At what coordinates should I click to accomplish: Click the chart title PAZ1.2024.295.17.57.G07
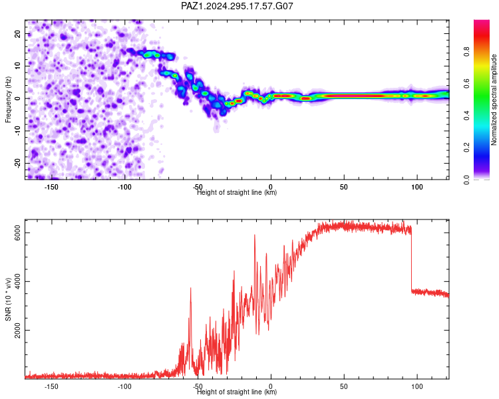pyautogui.click(x=237, y=6)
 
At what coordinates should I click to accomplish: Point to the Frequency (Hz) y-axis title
pyautogui.click(x=8, y=100)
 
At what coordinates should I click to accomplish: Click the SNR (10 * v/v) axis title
pyautogui.click(x=8, y=299)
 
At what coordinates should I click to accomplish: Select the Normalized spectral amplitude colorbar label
pyautogui.click(x=494, y=100)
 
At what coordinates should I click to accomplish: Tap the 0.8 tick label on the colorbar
pyautogui.click(x=466, y=51)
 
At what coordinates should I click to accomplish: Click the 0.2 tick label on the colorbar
pyautogui.click(x=466, y=148)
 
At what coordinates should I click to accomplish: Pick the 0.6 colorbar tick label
pyautogui.click(x=466, y=83)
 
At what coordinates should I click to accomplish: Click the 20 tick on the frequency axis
pyautogui.click(x=18, y=34)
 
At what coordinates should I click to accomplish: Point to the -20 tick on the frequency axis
pyautogui.click(x=18, y=163)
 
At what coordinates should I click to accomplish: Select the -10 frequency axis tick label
pyautogui.click(x=18, y=131)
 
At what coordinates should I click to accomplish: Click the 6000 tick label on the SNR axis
pyautogui.click(x=18, y=233)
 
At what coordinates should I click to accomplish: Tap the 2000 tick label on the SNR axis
pyautogui.click(x=18, y=331)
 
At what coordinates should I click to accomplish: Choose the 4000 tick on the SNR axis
pyautogui.click(x=18, y=281)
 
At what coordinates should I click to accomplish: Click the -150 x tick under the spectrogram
pyautogui.click(x=51, y=187)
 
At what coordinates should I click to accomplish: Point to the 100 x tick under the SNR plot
pyautogui.click(x=417, y=386)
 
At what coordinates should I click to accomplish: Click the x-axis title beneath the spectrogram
pyautogui.click(x=237, y=192)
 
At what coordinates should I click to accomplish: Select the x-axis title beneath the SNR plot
pyautogui.click(x=237, y=392)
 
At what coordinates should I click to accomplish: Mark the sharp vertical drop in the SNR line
pyautogui.click(x=411, y=259)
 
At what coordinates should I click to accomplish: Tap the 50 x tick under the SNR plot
pyautogui.click(x=344, y=386)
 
